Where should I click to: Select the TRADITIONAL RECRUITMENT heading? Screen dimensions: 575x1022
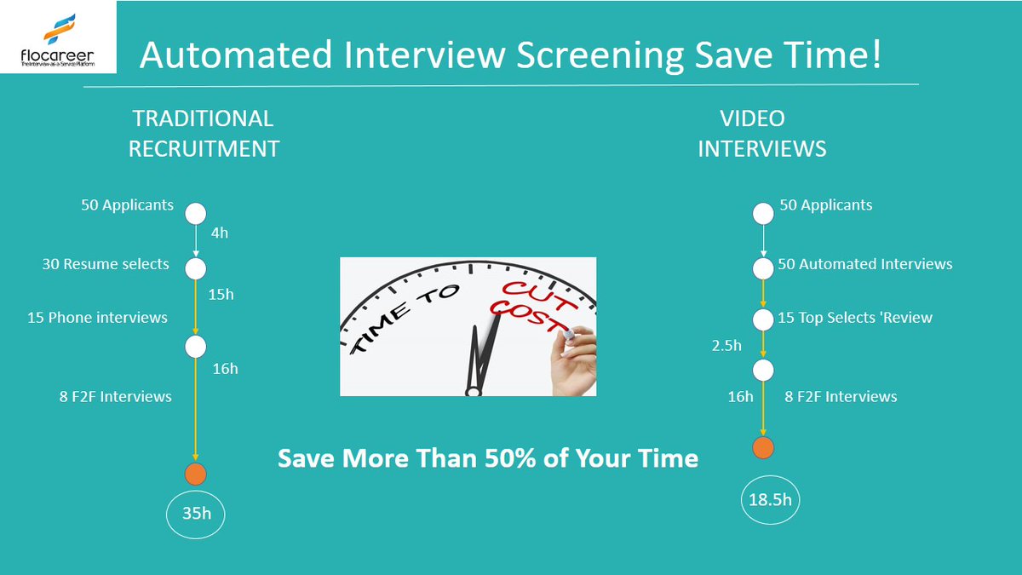pos(204,134)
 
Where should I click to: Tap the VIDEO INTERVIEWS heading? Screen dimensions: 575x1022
pos(761,134)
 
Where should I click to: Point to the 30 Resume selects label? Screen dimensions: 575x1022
pos(106,264)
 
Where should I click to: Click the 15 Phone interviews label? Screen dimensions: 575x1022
pos(97,318)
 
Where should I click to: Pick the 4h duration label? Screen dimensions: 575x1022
pos(219,233)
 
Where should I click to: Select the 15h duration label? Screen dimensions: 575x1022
pos(221,294)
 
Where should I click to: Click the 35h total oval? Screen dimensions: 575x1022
pos(197,513)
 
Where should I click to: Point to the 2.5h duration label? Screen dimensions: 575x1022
pos(726,346)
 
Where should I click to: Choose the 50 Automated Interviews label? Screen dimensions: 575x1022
pos(864,264)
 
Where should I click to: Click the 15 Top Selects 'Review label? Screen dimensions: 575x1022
pos(854,318)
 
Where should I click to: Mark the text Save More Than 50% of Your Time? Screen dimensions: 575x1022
pos(488,458)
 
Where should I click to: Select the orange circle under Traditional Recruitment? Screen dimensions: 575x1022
pos(196,474)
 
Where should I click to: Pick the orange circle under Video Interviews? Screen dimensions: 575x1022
pos(763,448)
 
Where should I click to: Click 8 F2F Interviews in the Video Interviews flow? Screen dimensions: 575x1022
pos(840,396)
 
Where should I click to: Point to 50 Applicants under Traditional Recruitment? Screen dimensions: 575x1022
pos(127,205)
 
